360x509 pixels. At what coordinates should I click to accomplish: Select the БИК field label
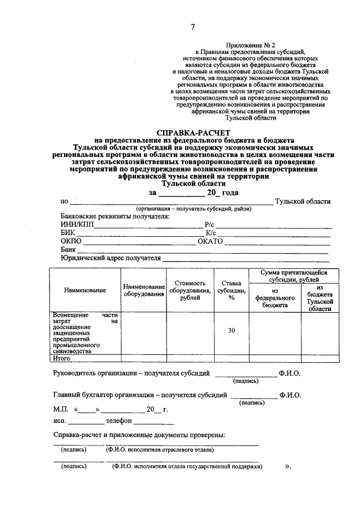click(67, 233)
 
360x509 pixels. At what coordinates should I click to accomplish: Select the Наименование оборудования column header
click(144, 290)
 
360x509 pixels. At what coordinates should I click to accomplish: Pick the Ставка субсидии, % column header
click(231, 290)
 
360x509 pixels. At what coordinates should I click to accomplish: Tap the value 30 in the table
click(231, 330)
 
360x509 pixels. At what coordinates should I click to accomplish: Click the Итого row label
click(61, 358)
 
